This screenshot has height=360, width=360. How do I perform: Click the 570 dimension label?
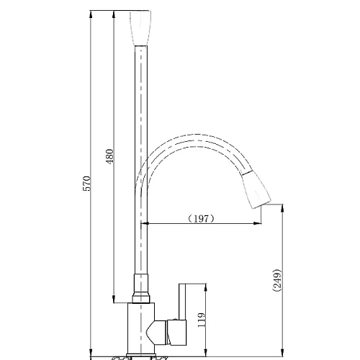pos(87,184)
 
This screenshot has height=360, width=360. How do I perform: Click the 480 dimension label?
pos(109,156)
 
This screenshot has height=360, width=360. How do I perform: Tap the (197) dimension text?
pos(200,219)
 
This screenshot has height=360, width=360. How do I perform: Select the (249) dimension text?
pos(277,280)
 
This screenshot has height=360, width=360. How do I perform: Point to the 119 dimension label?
pos(202,320)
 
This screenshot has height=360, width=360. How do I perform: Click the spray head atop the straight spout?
pos(140,28)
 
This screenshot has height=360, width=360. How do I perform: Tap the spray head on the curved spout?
pos(256,190)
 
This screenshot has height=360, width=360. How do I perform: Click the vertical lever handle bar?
pos(182,302)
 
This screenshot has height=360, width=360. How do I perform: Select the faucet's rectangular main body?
pos(141,328)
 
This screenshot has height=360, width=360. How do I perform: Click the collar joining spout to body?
pos(141,289)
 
